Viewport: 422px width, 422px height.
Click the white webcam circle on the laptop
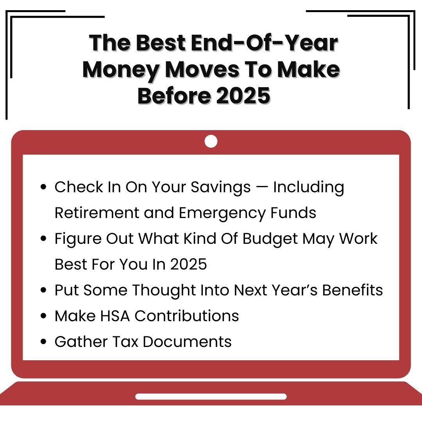[x=211, y=141]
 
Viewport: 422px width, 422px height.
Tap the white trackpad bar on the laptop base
[x=211, y=397]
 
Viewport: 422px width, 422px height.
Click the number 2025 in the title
[x=243, y=96]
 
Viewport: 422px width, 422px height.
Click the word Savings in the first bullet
[x=221, y=187]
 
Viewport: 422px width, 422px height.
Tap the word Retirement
[x=97, y=213]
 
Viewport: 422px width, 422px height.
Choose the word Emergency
[x=222, y=213]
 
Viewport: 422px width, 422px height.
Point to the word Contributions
[x=186, y=316]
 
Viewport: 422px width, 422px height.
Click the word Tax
[x=125, y=342]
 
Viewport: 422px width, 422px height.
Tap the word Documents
[x=187, y=342]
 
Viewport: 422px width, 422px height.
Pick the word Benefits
[x=352, y=290]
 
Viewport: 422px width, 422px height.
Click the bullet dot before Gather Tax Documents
[x=43, y=342]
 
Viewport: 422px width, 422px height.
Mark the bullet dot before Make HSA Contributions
[x=43, y=316]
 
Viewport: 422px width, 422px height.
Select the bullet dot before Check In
[x=43, y=187]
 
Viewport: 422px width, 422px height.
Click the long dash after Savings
[x=262, y=187]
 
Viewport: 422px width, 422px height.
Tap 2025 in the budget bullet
[x=188, y=264]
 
